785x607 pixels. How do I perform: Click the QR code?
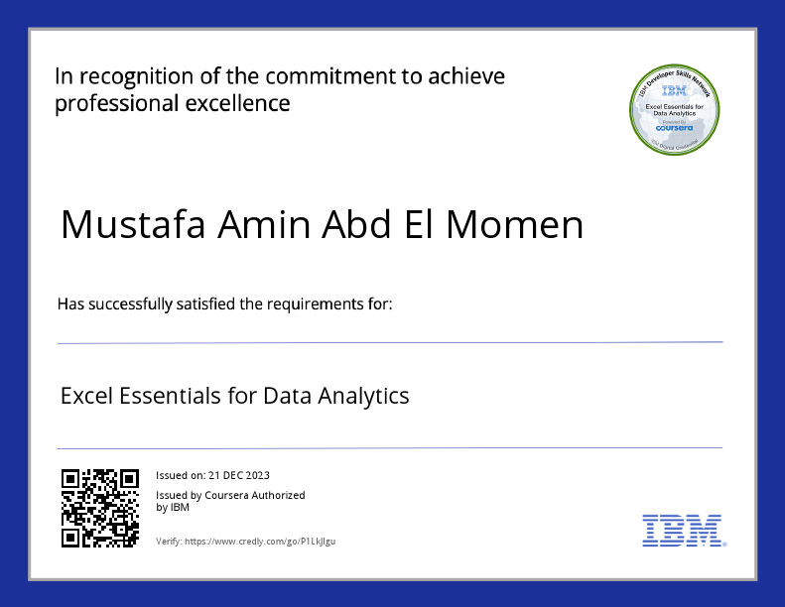pyautogui.click(x=99, y=508)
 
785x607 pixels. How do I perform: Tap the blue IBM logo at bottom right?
pyautogui.click(x=682, y=531)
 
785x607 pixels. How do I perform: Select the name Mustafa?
pyautogui.click(x=133, y=225)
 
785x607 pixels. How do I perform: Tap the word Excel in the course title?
pyautogui.click(x=86, y=396)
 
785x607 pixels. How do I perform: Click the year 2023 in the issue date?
pyautogui.click(x=256, y=476)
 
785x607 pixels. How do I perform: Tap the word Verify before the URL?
pyautogui.click(x=168, y=542)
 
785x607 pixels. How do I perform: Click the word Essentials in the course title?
pyautogui.click(x=169, y=396)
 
